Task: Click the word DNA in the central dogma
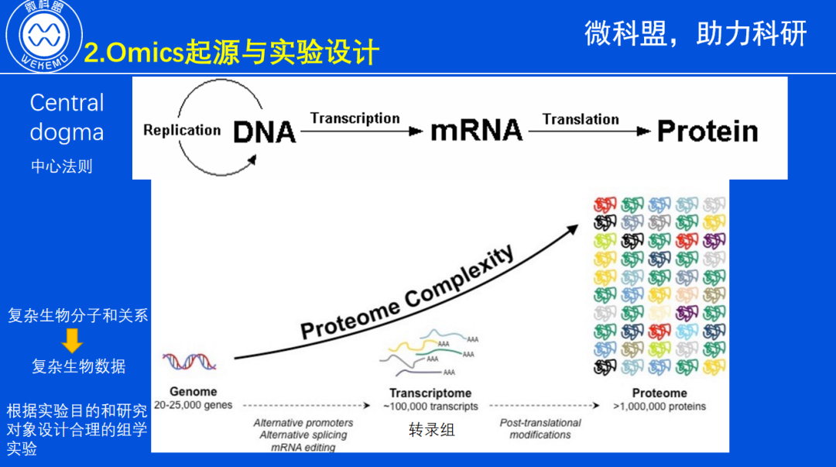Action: pyautogui.click(x=265, y=132)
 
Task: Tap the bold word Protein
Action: pyautogui.click(x=707, y=131)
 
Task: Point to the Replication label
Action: pyautogui.click(x=182, y=130)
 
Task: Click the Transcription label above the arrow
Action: pyautogui.click(x=355, y=118)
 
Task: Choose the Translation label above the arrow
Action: pyautogui.click(x=581, y=119)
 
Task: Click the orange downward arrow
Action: pyautogui.click(x=73, y=340)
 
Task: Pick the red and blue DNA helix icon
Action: pyautogui.click(x=190, y=360)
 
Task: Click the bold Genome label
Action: pyautogui.click(x=194, y=392)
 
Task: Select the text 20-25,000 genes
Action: pyautogui.click(x=194, y=405)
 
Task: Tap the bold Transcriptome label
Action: pyautogui.click(x=430, y=393)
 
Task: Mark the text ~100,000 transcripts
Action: pyautogui.click(x=430, y=407)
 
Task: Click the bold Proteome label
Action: pyautogui.click(x=660, y=393)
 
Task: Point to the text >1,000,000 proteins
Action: pyautogui.click(x=660, y=407)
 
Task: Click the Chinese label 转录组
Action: pyautogui.click(x=431, y=430)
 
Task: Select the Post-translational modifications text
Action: pyautogui.click(x=540, y=429)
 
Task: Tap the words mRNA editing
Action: pyautogui.click(x=303, y=447)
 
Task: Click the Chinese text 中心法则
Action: pyautogui.click(x=62, y=167)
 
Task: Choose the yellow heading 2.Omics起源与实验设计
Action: pyautogui.click(x=231, y=53)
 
